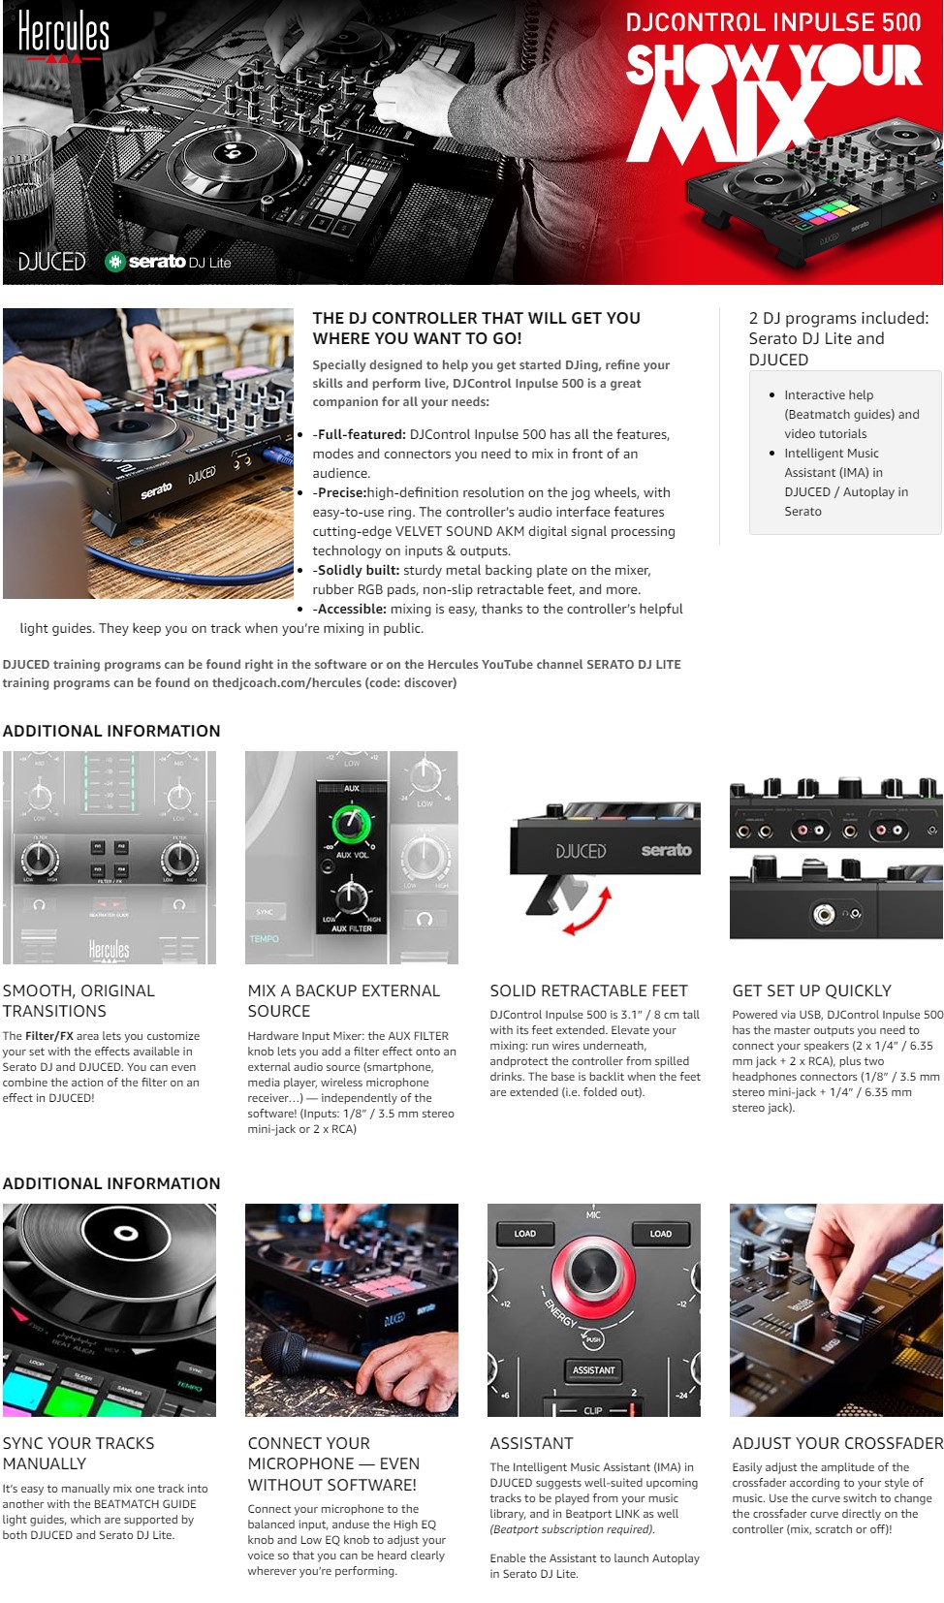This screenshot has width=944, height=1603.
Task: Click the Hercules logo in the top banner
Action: tap(63, 36)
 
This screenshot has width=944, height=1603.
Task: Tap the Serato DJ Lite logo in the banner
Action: tap(169, 262)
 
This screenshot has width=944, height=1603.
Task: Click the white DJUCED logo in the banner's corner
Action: tap(51, 262)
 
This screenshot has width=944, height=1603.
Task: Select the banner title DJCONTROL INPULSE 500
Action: tap(773, 22)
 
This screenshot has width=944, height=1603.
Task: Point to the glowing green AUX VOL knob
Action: tap(351, 823)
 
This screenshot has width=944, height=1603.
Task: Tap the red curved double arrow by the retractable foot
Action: tap(588, 912)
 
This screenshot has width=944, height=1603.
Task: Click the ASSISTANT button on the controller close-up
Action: tap(593, 1370)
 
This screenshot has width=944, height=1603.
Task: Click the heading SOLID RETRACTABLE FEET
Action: tap(588, 990)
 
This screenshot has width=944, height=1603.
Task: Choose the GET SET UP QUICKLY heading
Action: tap(811, 990)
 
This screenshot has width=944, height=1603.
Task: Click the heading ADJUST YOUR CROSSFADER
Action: tap(837, 1443)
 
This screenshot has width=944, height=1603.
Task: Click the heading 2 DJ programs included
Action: tap(838, 338)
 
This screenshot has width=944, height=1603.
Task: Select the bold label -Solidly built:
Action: tap(356, 570)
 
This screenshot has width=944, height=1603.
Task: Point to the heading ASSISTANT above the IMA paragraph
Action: tap(532, 1443)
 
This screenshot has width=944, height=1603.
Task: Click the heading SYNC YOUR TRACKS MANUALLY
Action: tap(79, 1454)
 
